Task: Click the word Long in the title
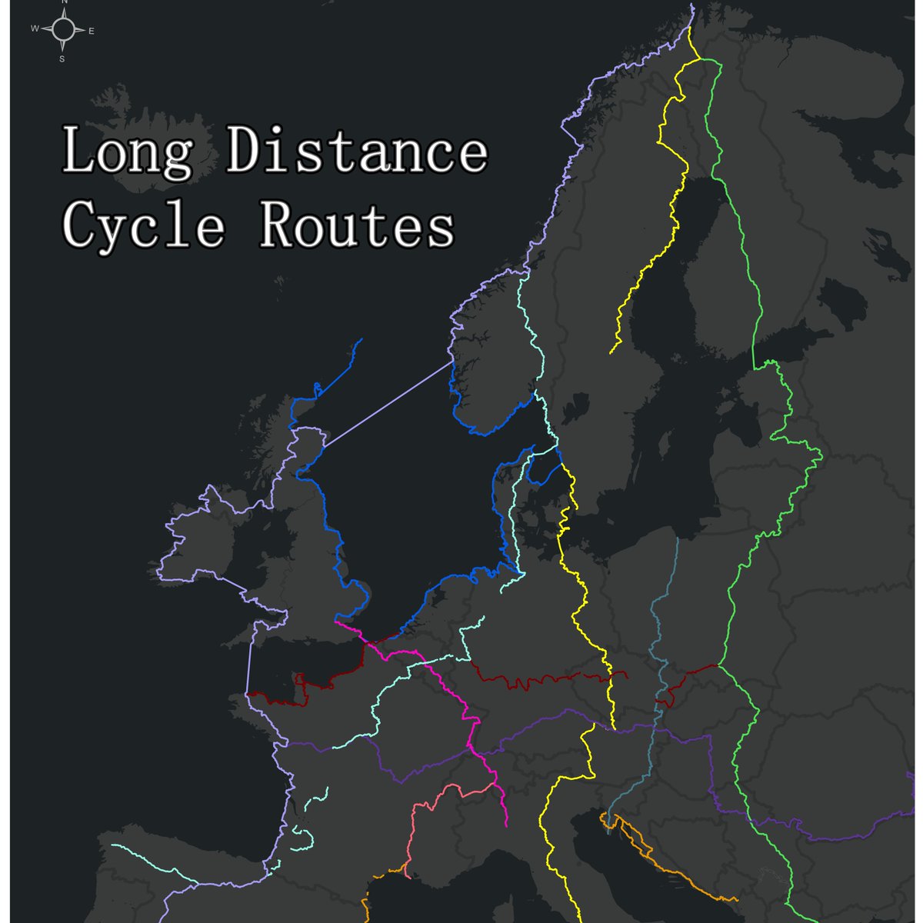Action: [127, 151]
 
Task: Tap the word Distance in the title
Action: [355, 151]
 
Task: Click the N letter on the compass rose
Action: [64, 2]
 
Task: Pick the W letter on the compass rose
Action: [35, 29]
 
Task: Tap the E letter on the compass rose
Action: [92, 31]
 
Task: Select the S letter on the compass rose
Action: [62, 58]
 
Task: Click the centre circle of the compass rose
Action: [64, 30]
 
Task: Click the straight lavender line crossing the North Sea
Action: [385, 405]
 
